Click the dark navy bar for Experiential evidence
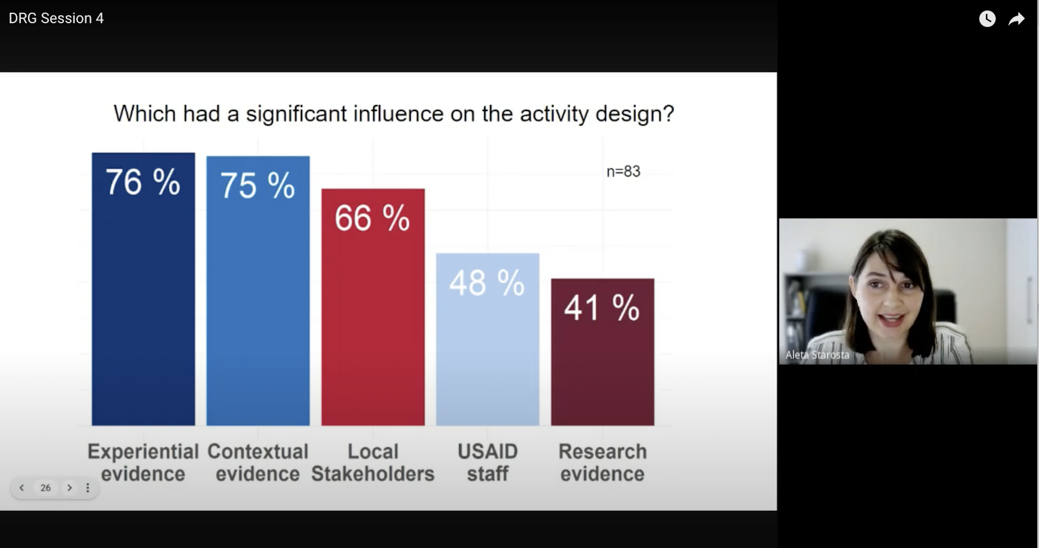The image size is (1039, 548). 143,289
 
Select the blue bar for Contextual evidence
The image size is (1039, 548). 258,291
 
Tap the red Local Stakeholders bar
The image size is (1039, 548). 373,307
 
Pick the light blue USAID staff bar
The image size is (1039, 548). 488,339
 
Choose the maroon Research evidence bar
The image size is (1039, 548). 603,352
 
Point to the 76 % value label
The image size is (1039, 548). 143,182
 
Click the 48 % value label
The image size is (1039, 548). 487,283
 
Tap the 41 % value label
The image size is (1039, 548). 602,308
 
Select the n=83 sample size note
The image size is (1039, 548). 623,172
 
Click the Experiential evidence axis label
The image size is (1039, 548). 143,463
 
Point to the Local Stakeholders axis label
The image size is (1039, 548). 373,463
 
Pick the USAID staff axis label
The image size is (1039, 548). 488,463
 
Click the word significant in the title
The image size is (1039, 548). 296,114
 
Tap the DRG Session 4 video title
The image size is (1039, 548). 56,18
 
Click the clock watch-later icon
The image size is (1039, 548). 987,19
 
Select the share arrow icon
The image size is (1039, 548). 1016,19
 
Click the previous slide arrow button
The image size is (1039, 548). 22,488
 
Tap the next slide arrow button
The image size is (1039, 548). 69,488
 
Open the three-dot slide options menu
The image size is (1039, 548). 88,488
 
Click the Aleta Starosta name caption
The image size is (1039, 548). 817,355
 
